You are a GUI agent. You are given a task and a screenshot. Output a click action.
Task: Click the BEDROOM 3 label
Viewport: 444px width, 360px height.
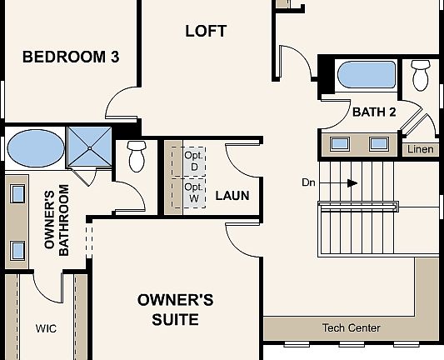click(70, 57)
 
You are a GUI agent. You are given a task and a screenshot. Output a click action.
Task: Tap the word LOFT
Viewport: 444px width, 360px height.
click(206, 32)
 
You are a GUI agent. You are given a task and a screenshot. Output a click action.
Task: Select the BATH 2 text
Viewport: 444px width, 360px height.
click(374, 112)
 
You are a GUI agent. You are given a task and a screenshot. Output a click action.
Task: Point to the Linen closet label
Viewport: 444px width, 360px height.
click(420, 150)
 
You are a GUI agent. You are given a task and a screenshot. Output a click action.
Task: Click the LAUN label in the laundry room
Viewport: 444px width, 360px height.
click(232, 197)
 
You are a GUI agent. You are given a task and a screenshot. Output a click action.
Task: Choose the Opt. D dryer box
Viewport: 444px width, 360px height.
click(193, 161)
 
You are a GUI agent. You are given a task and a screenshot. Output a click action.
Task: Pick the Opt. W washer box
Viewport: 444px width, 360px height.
click(193, 193)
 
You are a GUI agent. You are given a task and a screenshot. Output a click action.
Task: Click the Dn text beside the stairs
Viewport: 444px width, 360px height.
click(310, 182)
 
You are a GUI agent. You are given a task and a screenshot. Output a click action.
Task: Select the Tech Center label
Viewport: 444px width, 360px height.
click(351, 328)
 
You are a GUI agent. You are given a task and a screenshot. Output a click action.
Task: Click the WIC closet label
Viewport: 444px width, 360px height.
click(46, 328)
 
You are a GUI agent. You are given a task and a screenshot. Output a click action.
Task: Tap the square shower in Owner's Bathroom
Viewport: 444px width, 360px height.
click(88, 147)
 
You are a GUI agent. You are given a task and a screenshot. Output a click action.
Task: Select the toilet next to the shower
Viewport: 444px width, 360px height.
click(137, 155)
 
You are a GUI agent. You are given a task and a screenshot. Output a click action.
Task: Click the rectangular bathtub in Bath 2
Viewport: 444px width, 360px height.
click(367, 75)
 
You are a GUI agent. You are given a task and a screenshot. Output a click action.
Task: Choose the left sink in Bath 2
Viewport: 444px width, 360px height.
click(340, 143)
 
